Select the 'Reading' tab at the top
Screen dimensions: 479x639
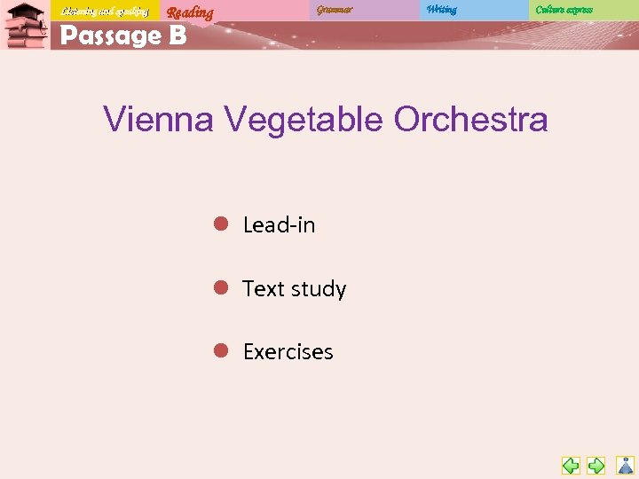tap(190, 12)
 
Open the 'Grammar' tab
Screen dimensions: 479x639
tap(335, 10)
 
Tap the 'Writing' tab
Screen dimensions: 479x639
tap(441, 10)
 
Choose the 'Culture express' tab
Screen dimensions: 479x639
tap(564, 10)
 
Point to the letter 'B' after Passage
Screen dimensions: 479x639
tap(176, 35)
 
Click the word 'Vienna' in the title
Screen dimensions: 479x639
tap(158, 119)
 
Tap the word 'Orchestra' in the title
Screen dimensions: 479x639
tap(471, 119)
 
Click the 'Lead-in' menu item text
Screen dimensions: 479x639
tap(279, 225)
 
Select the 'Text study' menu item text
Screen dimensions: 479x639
tap(294, 289)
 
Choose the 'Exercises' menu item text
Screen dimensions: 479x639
tap(288, 352)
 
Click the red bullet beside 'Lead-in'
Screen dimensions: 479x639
tap(221, 224)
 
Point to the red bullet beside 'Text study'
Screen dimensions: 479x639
tap(221, 287)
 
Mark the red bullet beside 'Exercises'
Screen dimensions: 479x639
tap(221, 350)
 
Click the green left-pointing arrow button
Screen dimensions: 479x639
tap(571, 465)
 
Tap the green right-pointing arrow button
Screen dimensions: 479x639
tap(596, 465)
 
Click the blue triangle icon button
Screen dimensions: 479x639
tap(626, 465)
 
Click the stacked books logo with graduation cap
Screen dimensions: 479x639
tap(25, 26)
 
